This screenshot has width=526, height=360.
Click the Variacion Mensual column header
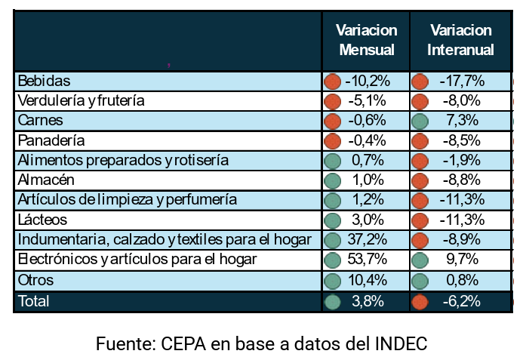367,40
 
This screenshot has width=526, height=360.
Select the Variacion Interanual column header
460,40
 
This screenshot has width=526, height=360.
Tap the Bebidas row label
44,81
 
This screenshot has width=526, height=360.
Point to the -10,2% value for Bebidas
368,81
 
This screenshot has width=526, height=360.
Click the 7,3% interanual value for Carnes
462,120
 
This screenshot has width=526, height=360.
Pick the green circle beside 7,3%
420,121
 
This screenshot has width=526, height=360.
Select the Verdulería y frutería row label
81,100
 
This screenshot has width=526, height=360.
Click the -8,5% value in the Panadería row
462,140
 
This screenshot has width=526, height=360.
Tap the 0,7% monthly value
368,160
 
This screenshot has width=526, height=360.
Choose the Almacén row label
46,180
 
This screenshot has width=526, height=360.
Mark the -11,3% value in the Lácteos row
462,220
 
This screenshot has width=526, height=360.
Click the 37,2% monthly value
368,239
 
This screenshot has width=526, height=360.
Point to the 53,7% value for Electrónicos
368,259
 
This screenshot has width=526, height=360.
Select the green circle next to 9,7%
420,260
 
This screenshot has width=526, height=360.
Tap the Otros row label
35,280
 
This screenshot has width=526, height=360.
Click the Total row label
33,301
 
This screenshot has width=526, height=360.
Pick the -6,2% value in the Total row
462,301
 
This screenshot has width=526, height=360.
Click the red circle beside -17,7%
420,82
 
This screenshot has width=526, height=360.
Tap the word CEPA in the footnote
183,343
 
